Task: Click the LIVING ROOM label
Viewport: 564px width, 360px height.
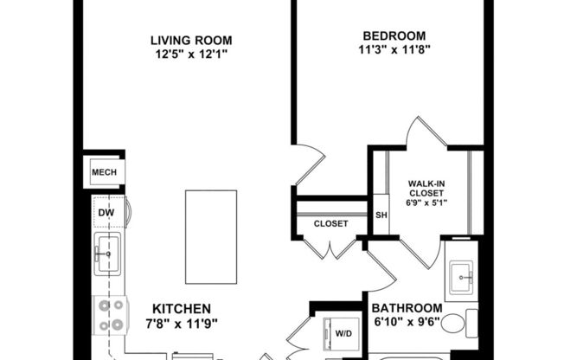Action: pyautogui.click(x=191, y=40)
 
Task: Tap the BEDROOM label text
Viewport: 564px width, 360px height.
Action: pyautogui.click(x=394, y=35)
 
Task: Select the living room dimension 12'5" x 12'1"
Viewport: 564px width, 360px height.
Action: pyautogui.click(x=191, y=55)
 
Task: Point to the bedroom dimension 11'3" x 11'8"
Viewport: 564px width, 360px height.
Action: pyautogui.click(x=394, y=50)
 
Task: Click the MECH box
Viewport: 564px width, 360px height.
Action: pyautogui.click(x=104, y=172)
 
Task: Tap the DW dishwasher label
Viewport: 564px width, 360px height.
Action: pyautogui.click(x=105, y=212)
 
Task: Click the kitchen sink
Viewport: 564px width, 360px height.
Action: pyautogui.click(x=108, y=254)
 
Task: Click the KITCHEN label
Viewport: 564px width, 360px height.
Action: pyautogui.click(x=182, y=308)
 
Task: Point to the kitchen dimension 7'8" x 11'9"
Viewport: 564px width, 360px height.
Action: pyautogui.click(x=182, y=324)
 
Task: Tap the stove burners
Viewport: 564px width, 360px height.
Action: pyautogui.click(x=109, y=315)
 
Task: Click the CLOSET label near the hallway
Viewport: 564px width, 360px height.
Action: pyautogui.click(x=330, y=223)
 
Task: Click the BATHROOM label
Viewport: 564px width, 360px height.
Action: pyautogui.click(x=407, y=308)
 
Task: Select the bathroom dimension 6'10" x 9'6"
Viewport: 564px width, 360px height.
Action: pyautogui.click(x=407, y=323)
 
